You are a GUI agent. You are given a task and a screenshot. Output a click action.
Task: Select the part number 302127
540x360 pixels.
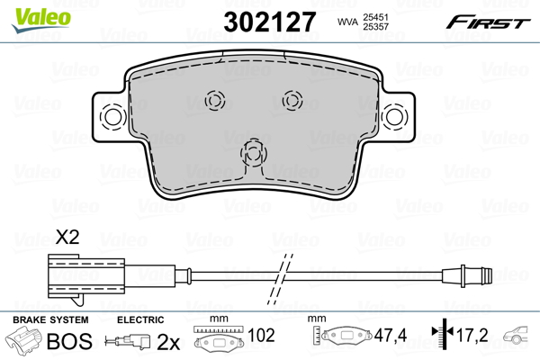[270, 22]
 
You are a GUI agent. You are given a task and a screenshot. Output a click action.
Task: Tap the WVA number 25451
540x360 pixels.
[375, 17]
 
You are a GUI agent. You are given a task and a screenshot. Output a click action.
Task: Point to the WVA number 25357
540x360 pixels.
[375, 26]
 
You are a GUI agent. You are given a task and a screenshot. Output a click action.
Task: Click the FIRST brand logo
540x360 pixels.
[488, 22]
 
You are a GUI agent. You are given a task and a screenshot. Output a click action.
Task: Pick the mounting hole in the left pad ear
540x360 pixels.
[112, 117]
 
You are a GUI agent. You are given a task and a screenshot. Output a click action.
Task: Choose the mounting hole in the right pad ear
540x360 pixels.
[395, 117]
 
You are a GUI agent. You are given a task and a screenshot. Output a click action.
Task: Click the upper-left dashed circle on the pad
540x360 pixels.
[215, 101]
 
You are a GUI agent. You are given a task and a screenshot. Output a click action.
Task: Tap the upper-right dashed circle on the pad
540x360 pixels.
[292, 101]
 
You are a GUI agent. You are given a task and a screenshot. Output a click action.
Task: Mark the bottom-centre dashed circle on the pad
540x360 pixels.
[254, 152]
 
